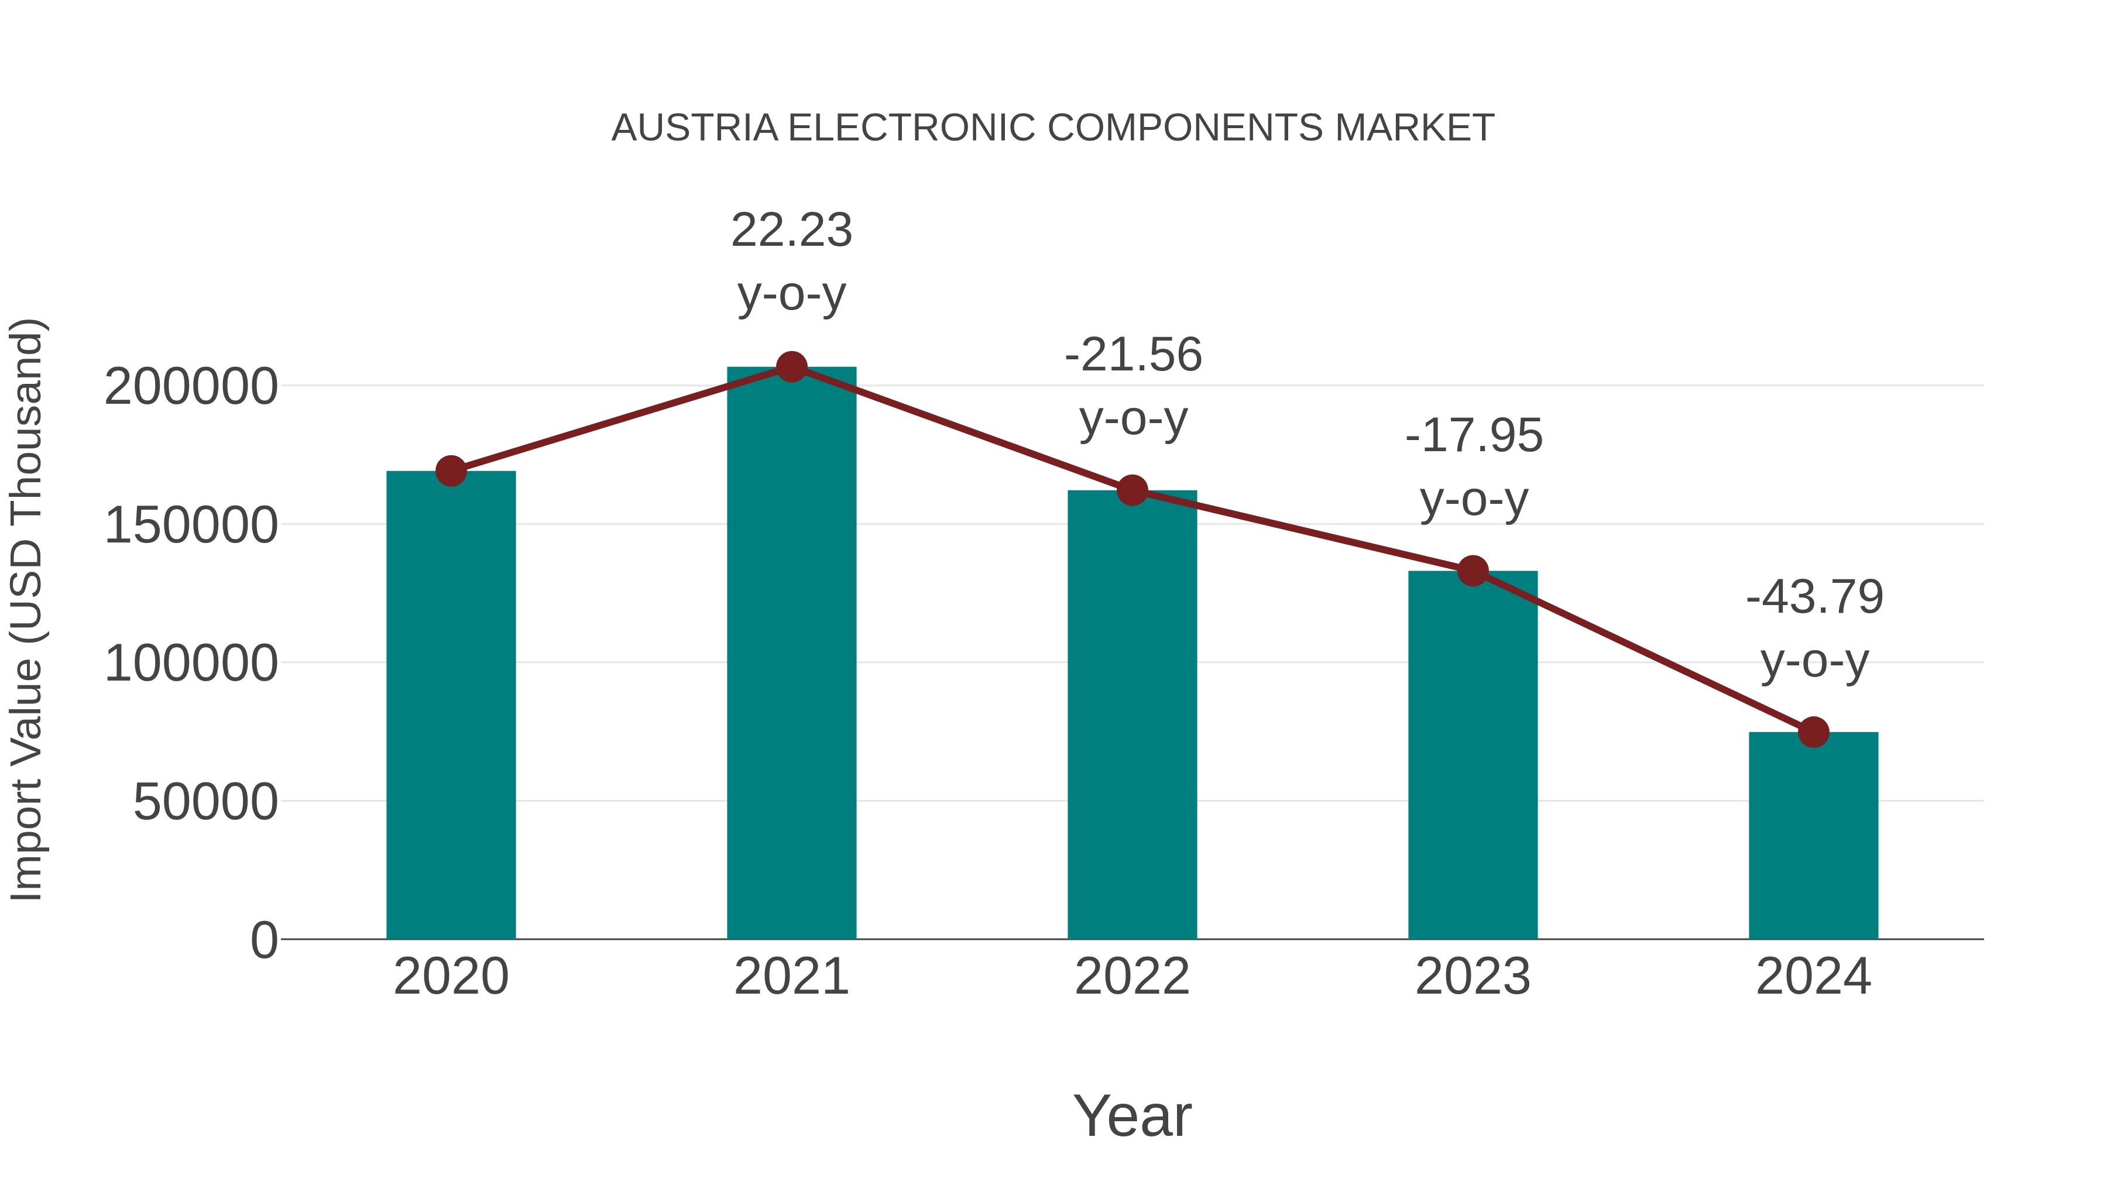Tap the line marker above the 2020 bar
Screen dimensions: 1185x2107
451,471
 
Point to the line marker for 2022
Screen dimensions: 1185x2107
1132,491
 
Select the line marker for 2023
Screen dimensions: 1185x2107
1473,571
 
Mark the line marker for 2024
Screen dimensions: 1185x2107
1813,732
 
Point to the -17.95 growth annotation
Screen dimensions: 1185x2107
1473,435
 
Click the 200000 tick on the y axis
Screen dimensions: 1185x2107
191,387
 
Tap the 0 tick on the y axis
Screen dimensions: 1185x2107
263,940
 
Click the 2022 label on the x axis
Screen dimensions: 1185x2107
1132,977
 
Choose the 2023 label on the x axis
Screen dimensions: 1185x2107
1473,977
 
